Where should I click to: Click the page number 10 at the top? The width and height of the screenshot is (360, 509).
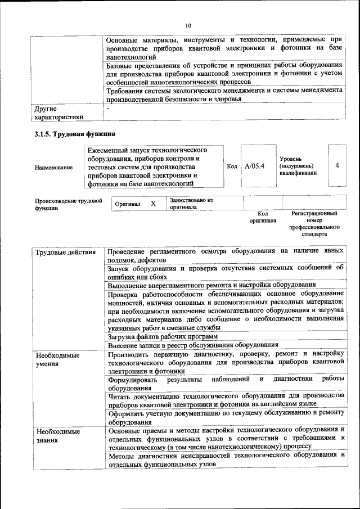[x=188, y=25]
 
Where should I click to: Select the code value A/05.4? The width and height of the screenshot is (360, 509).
[x=254, y=166]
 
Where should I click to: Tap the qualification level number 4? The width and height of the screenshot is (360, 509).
[x=337, y=166]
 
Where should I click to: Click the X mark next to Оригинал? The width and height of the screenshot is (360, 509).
[x=152, y=204]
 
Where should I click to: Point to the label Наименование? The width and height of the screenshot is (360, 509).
[x=53, y=167]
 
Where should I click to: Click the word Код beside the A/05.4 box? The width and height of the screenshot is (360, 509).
[x=232, y=167]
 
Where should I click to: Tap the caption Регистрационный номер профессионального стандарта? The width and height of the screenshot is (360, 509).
[x=314, y=224]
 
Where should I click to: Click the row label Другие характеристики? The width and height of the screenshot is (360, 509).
[x=58, y=112]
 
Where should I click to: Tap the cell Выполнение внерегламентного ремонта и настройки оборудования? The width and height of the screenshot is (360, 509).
[x=211, y=285]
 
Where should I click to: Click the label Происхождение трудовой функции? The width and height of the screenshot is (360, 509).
[x=68, y=204]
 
